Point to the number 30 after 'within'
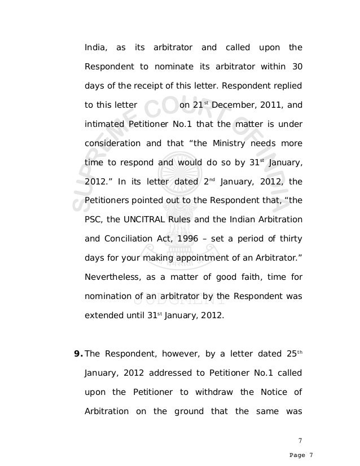click(297, 67)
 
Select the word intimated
click(104, 124)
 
